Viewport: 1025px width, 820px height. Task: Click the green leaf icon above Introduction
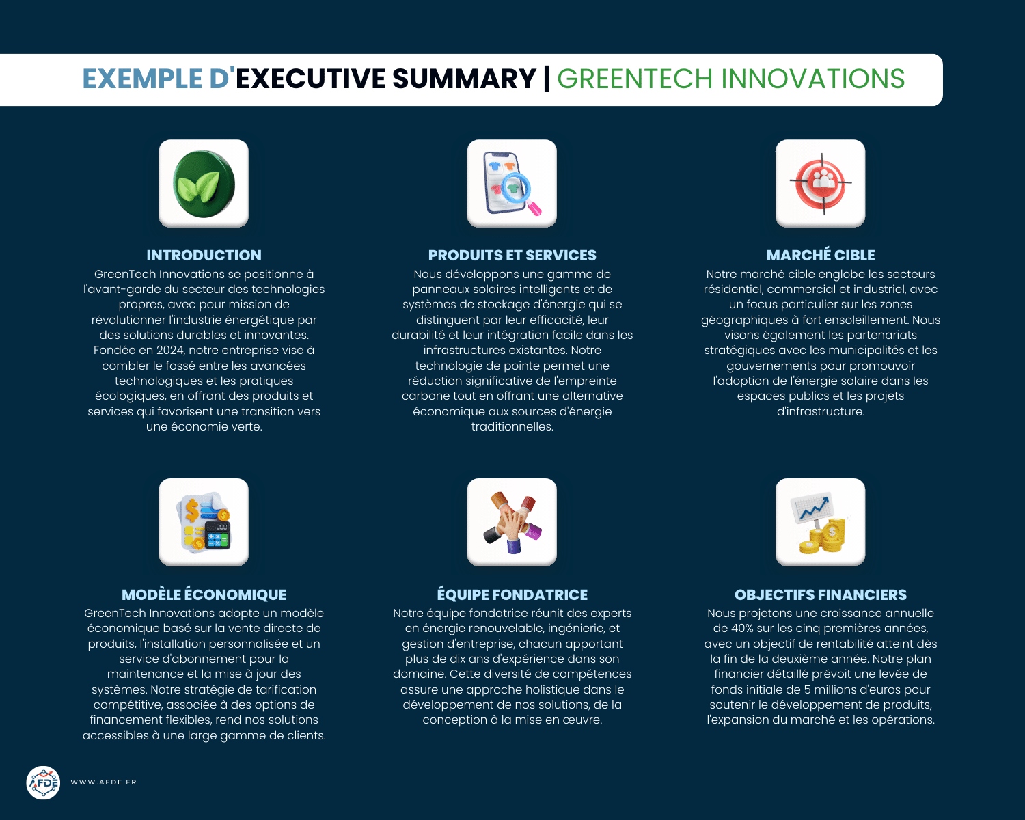tap(204, 183)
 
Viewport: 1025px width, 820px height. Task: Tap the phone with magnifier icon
tap(512, 183)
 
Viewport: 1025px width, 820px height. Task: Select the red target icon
tap(820, 183)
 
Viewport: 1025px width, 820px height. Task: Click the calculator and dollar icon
tap(204, 522)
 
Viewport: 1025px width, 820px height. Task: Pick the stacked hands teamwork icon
tap(512, 522)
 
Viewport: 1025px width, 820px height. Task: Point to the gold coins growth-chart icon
tap(820, 522)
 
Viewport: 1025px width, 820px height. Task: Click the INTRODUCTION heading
tap(204, 256)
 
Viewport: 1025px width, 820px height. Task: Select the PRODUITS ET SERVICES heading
tap(512, 256)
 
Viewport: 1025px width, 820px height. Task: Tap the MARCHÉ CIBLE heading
tap(820, 256)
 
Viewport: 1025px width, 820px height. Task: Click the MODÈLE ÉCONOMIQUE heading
tap(204, 595)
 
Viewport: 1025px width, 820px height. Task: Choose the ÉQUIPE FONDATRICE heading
tap(512, 595)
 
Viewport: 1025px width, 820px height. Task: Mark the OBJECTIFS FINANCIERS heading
tap(820, 595)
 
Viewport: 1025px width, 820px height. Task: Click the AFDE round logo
tap(43, 782)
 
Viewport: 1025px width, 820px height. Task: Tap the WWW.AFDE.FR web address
tap(103, 782)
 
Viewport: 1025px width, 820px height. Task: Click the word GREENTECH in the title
tap(635, 79)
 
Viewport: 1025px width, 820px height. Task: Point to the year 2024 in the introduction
tap(170, 351)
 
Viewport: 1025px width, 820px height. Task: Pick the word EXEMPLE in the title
tap(142, 79)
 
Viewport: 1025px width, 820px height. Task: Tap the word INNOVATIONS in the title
tap(813, 79)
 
